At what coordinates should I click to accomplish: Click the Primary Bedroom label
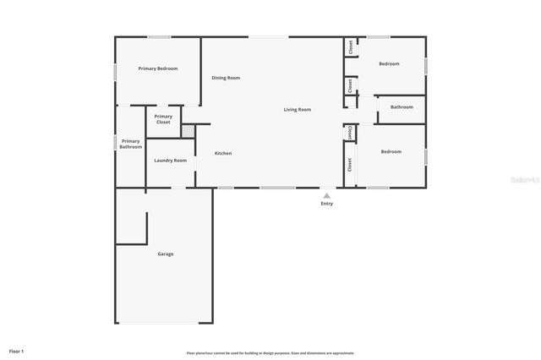click(x=158, y=68)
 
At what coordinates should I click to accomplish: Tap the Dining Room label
click(x=226, y=78)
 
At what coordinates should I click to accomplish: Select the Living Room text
click(x=297, y=109)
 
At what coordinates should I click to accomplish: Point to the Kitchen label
click(x=222, y=153)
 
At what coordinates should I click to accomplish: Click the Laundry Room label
click(x=170, y=160)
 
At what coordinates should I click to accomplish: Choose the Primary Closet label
click(x=163, y=119)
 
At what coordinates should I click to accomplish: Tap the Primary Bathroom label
click(x=130, y=144)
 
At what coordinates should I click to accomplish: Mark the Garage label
click(x=165, y=254)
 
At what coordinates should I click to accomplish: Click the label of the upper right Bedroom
click(x=389, y=63)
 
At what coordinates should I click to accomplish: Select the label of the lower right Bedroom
click(x=391, y=151)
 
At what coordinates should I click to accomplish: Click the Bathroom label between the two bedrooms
click(x=401, y=106)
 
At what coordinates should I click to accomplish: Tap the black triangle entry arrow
click(x=326, y=195)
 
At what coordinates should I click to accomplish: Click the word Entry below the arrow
click(x=326, y=204)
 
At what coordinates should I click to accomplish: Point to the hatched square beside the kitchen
click(x=189, y=130)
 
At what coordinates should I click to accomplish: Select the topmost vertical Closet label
click(x=350, y=48)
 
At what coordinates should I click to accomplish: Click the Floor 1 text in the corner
click(x=17, y=351)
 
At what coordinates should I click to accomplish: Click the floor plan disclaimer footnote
click(x=270, y=352)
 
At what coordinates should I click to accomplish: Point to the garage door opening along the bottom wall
click(x=165, y=324)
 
